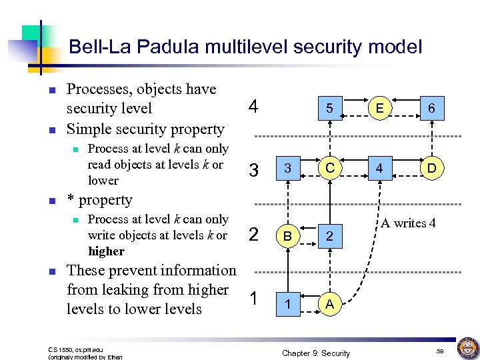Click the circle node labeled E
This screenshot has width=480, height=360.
pos(379,107)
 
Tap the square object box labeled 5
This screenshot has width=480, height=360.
pos(329,108)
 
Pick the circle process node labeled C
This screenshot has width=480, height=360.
pos(329,168)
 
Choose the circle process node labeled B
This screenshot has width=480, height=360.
pos(287,235)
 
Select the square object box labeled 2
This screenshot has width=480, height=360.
pos(329,235)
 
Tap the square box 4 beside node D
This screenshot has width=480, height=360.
pos(379,168)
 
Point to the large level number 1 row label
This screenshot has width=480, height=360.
pos(253,298)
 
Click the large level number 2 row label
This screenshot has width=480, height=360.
pos(253,234)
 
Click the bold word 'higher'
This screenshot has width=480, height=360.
pos(106,251)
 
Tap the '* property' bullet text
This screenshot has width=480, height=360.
pos(100,200)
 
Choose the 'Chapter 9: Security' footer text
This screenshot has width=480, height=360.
pos(316,353)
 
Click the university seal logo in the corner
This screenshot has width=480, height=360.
pos(467,348)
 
